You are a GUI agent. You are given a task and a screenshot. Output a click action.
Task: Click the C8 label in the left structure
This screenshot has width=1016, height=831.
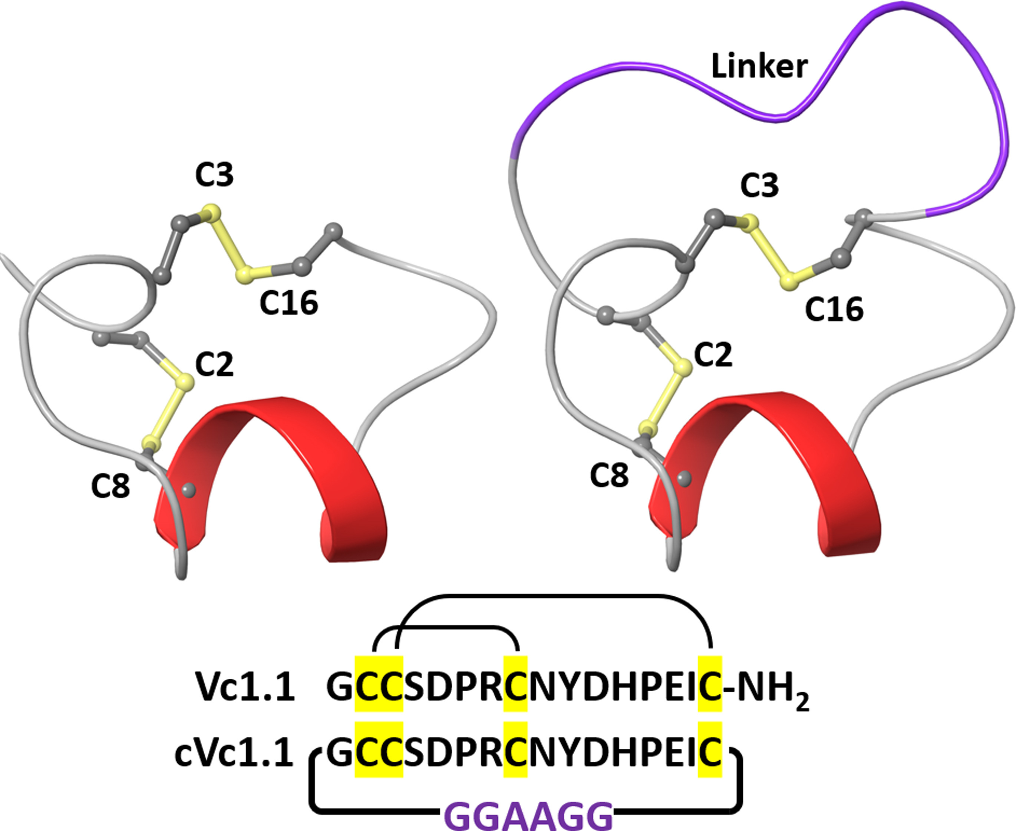[110, 487]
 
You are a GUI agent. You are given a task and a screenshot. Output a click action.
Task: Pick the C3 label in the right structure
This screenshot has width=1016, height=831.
[759, 185]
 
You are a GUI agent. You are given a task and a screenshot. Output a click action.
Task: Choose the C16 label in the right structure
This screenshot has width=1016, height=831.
[834, 309]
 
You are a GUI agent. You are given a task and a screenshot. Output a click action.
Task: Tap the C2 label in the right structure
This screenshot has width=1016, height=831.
[713, 355]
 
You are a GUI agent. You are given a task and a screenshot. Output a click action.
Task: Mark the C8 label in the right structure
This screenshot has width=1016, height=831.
[609, 475]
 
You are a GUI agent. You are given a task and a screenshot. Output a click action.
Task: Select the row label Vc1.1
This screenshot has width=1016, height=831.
[245, 688]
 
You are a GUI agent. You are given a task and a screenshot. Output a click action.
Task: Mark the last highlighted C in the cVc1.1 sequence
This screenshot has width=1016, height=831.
[710, 751]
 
